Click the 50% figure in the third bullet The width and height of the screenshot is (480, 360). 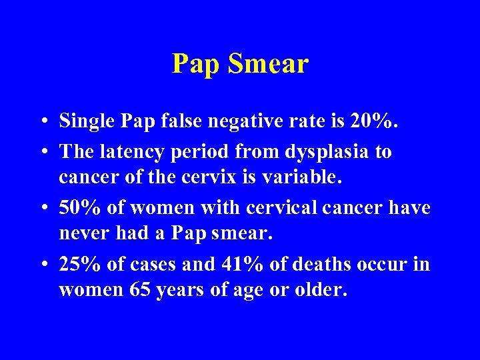pyautogui.click(x=79, y=207)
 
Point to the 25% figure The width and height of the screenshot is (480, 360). pyautogui.click(x=79, y=265)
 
